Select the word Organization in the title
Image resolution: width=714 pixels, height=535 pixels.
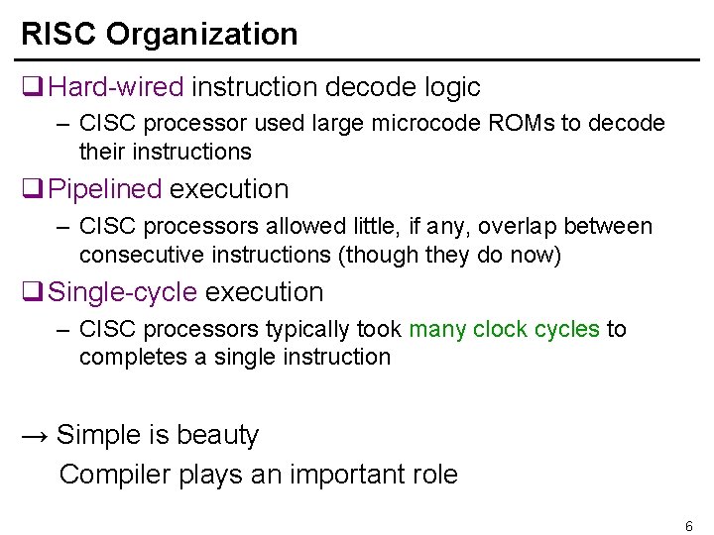[x=202, y=34]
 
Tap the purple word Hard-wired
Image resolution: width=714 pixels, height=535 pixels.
[x=116, y=87]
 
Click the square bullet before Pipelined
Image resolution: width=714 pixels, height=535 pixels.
[x=32, y=189]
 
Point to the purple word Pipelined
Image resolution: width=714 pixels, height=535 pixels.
[x=105, y=189]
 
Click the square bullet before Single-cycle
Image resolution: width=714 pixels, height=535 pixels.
[x=32, y=292]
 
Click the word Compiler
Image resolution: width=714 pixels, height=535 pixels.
[x=115, y=474]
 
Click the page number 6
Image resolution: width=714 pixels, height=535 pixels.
[x=688, y=526]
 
